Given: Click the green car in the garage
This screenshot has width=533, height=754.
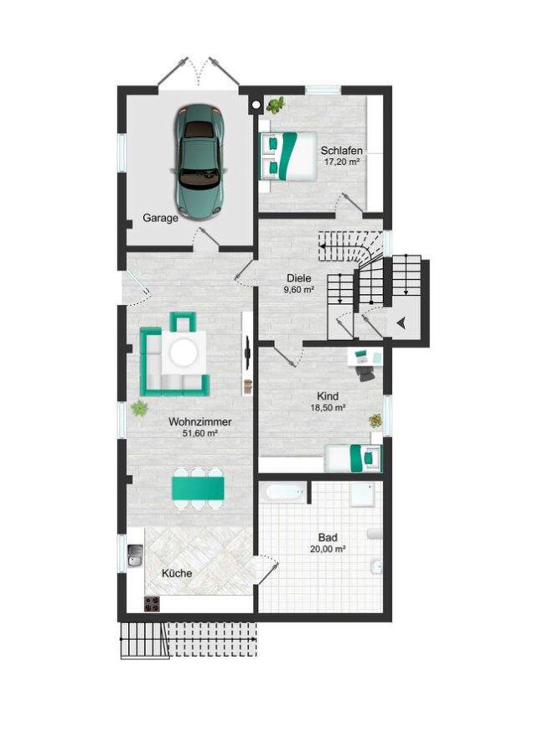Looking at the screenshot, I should (199, 158).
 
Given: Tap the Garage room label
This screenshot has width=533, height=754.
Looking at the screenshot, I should (160, 218).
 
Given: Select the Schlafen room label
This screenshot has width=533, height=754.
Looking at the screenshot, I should (341, 151).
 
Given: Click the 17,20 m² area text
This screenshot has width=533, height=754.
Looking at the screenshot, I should (341, 162).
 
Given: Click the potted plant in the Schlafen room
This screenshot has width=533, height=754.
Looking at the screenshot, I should (276, 105).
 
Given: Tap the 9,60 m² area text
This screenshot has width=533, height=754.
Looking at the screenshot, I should (299, 290).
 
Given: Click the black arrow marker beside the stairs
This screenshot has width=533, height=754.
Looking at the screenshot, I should (402, 323).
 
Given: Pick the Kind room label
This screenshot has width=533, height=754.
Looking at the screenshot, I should (328, 395).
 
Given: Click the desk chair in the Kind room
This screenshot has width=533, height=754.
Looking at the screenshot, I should (365, 374).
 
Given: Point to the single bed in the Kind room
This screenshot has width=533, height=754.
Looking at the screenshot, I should (353, 458).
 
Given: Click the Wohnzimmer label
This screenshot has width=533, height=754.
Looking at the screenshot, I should (199, 422).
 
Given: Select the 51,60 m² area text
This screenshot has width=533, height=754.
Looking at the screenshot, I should (199, 434).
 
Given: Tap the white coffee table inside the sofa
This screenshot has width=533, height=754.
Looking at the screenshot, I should (184, 354).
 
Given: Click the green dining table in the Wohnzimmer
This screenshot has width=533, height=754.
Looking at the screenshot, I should (198, 488).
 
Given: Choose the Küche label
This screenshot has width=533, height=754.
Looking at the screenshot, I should (176, 574).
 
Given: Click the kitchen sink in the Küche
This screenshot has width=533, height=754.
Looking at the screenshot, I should (135, 554).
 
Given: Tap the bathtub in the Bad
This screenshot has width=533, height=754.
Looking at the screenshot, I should (282, 493).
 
